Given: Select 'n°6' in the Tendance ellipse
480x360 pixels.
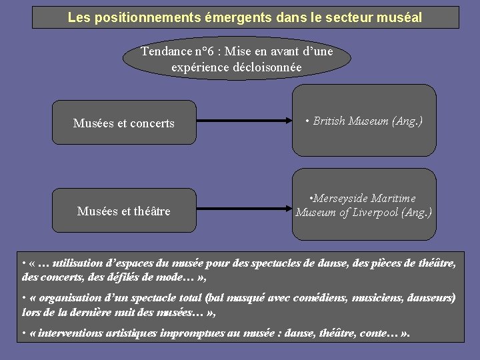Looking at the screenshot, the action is (203, 51).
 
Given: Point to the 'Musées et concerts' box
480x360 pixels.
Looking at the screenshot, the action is (124, 123).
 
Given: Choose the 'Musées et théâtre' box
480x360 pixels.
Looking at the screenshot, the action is (124, 211).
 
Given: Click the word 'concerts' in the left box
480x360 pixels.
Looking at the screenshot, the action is (151, 123).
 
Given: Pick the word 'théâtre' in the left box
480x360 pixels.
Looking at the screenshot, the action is (152, 211).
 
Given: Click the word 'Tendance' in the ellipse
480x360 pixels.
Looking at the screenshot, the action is (165, 51).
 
